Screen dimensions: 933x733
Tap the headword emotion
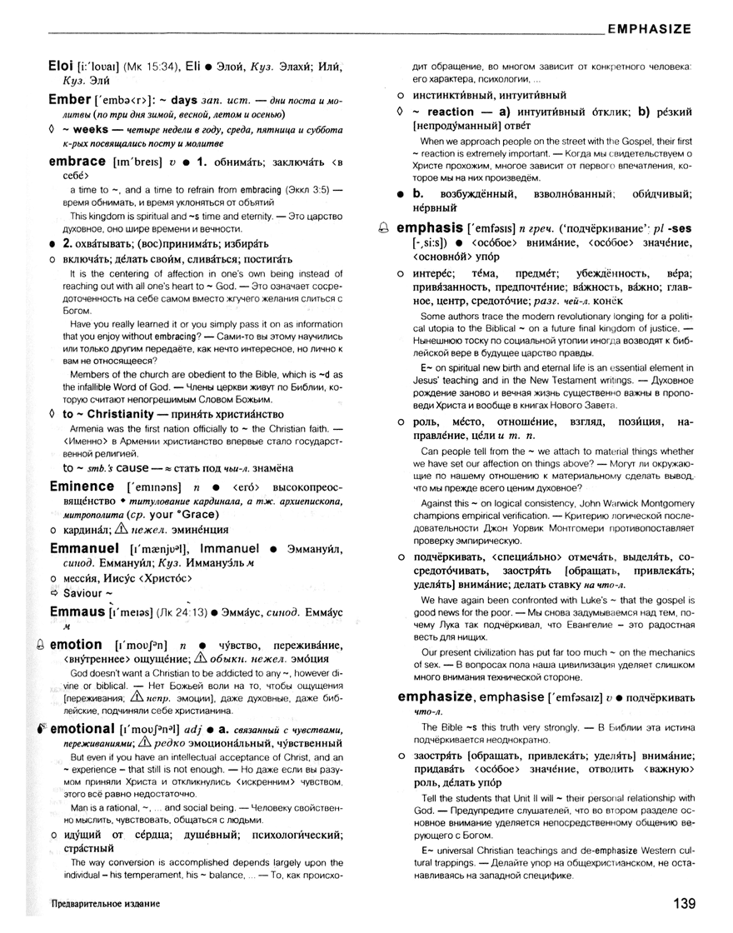coord(77,645)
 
